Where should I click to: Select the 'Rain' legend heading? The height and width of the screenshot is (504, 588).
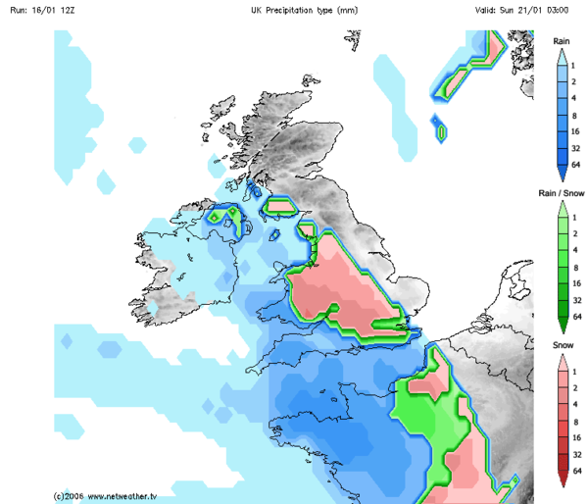click(x=562, y=41)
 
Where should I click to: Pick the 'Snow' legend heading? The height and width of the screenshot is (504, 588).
click(x=562, y=346)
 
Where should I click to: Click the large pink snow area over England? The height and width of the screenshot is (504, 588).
click(x=338, y=289)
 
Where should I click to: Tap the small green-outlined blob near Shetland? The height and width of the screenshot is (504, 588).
click(x=441, y=129)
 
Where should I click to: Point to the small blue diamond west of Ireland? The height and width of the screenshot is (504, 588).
click(x=67, y=341)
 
